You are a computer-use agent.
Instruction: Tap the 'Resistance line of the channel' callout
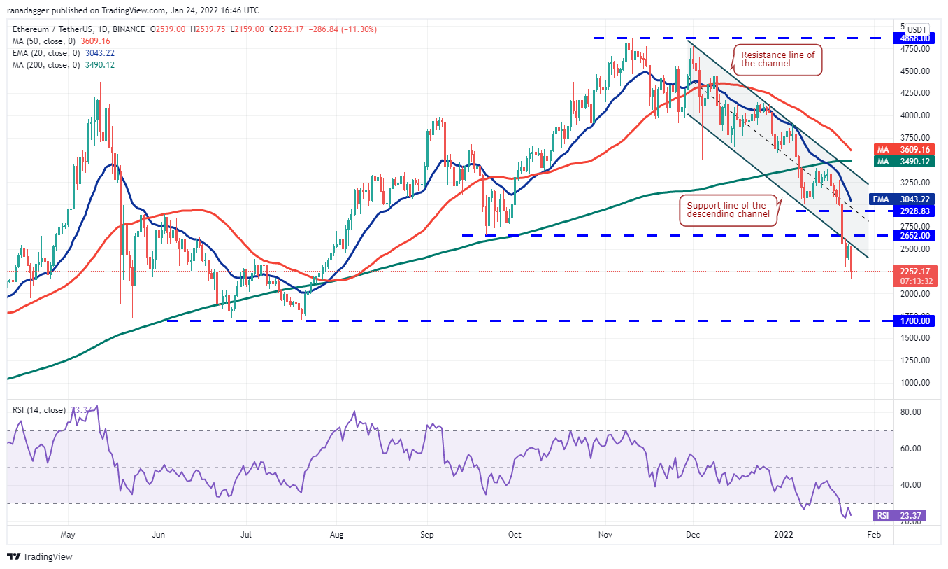point(777,59)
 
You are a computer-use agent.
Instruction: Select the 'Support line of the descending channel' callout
point(728,209)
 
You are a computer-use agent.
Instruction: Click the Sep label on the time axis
point(427,535)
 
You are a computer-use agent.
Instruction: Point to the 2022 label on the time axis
point(783,535)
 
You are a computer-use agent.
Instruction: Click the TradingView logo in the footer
point(40,557)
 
